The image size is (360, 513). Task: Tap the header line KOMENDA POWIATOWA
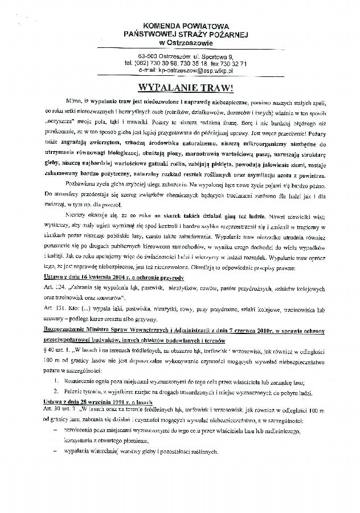[x=181, y=26]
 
